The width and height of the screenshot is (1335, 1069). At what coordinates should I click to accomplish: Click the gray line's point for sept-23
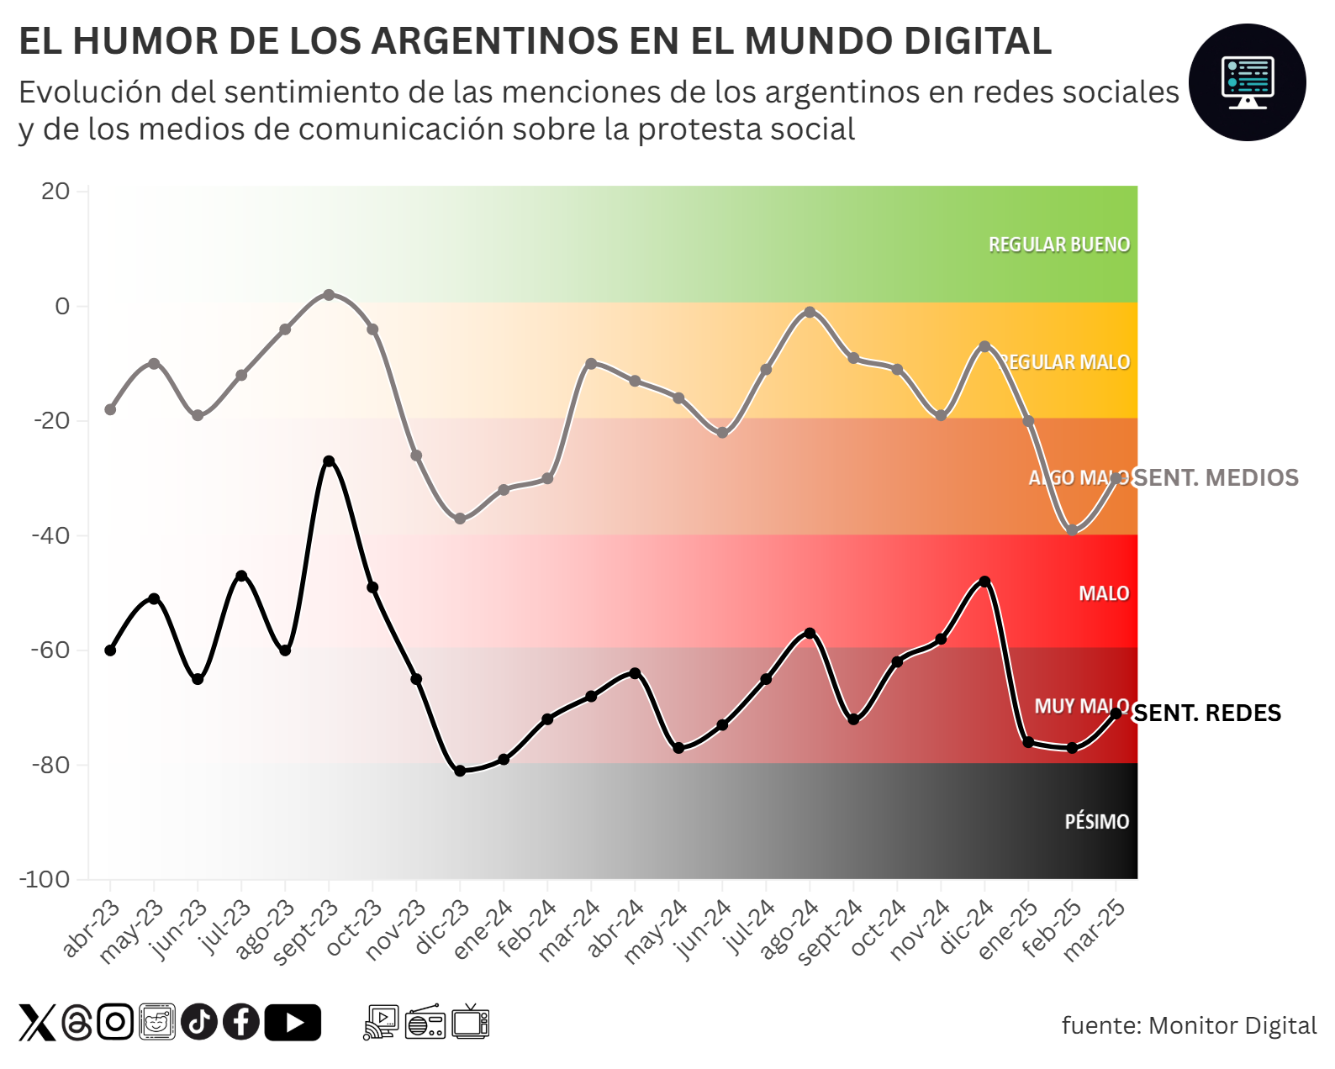329,295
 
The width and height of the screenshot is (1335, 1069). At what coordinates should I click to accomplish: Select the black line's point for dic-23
460,771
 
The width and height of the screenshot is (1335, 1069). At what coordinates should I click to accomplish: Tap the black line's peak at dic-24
984,582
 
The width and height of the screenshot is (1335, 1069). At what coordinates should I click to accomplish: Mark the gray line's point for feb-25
1072,530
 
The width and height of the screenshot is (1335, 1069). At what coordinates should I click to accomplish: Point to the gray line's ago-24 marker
810,312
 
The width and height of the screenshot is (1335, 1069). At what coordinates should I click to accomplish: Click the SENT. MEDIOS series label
1216,478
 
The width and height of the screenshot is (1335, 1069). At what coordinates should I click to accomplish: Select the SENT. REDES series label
1208,714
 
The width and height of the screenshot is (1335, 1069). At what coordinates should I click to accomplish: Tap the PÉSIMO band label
1096,822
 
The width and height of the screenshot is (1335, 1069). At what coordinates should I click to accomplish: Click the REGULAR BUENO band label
1058,245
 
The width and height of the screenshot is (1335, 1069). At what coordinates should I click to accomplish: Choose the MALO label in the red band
1104,594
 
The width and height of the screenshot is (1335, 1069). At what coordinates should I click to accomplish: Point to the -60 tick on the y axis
51,650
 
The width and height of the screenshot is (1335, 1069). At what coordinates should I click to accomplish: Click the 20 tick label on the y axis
55,192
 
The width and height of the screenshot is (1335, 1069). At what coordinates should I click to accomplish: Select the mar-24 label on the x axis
570,929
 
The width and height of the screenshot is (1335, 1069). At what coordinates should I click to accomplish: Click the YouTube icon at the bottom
293,1023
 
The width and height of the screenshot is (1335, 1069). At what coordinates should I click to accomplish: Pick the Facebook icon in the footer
241,1023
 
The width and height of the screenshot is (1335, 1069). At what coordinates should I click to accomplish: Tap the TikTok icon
199,1023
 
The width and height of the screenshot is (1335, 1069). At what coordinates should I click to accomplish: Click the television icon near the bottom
471,1022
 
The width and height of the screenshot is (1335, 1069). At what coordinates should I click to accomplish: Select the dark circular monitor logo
1247,82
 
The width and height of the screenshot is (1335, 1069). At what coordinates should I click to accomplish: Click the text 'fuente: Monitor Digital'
1189,1025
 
